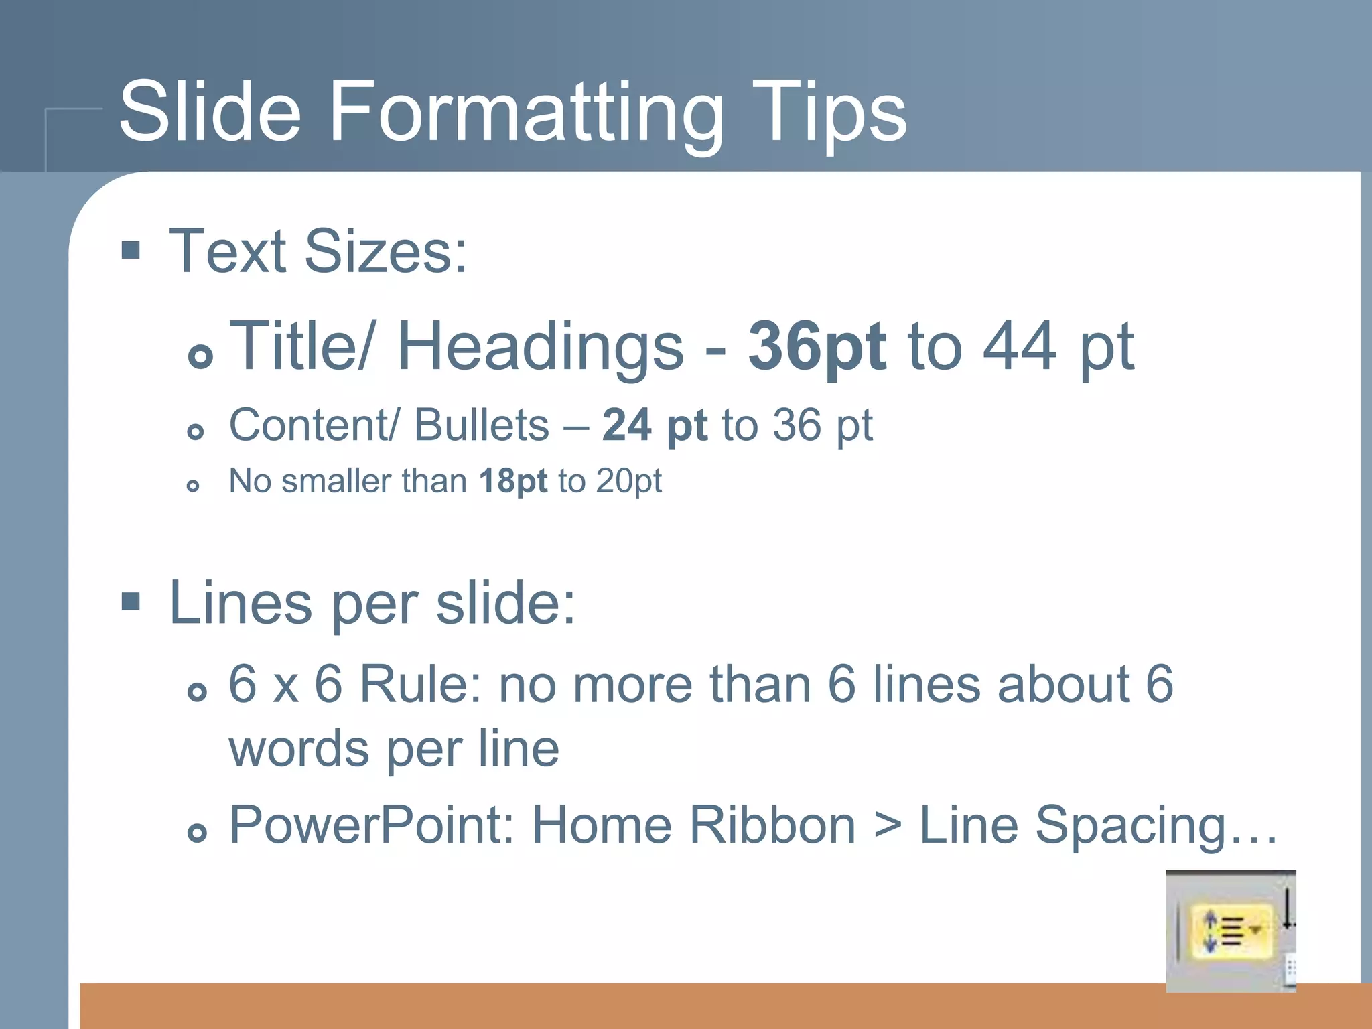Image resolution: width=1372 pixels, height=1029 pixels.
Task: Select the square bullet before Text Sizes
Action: pyautogui.click(x=131, y=251)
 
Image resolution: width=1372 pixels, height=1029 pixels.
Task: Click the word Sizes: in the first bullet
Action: pyautogui.click(x=386, y=252)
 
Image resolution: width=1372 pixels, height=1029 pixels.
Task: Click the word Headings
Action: pyautogui.click(x=540, y=347)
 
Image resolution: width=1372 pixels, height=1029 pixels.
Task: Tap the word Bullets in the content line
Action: pyautogui.click(x=481, y=425)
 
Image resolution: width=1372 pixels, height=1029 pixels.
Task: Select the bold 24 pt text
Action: pyautogui.click(x=655, y=425)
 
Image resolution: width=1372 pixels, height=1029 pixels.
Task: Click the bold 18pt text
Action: pyautogui.click(x=513, y=481)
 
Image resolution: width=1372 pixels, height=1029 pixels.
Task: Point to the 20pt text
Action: pyautogui.click(x=628, y=481)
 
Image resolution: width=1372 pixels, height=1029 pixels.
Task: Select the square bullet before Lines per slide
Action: pyautogui.click(x=131, y=602)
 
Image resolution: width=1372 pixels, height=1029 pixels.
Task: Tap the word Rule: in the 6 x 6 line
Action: pyautogui.click(x=421, y=685)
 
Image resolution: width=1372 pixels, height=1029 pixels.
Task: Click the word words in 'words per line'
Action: pyautogui.click(x=299, y=749)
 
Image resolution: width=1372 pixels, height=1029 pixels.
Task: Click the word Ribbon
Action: pyautogui.click(x=772, y=825)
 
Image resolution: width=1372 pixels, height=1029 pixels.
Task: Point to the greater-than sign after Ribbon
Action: pyautogui.click(x=888, y=825)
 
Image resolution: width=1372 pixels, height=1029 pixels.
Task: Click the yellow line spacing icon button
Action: pyautogui.click(x=1231, y=930)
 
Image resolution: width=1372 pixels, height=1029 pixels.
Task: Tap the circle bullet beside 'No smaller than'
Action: pyautogui.click(x=193, y=486)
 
